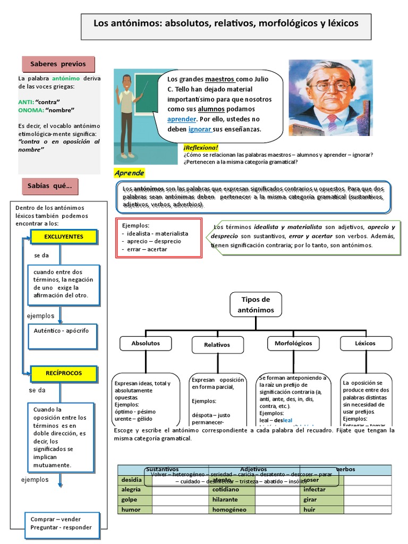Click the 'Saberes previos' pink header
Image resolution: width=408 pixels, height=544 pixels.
(x=58, y=64)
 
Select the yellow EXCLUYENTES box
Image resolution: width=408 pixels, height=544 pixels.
(x=64, y=237)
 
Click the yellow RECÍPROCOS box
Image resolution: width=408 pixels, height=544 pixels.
(x=63, y=373)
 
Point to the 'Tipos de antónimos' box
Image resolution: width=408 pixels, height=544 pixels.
(x=256, y=304)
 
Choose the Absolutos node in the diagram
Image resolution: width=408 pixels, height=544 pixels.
(x=146, y=344)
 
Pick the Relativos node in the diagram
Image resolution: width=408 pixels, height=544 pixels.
(x=217, y=345)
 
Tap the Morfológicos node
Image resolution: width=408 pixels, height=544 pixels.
(x=293, y=344)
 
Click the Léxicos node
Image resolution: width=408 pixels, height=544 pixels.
(x=365, y=344)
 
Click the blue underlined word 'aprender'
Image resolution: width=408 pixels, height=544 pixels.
(x=182, y=119)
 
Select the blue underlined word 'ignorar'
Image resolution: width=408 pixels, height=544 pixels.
(x=200, y=129)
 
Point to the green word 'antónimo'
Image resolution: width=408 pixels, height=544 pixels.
(x=66, y=79)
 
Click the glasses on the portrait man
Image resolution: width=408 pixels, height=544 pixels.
(x=330, y=85)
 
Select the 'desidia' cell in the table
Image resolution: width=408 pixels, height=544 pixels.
(x=134, y=480)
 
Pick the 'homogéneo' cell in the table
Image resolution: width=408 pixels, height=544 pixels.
(x=232, y=510)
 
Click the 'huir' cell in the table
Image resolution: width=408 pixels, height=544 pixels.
(x=321, y=510)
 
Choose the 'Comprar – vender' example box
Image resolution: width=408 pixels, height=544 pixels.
(x=61, y=523)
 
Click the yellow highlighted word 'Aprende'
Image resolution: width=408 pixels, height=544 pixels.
(x=129, y=173)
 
